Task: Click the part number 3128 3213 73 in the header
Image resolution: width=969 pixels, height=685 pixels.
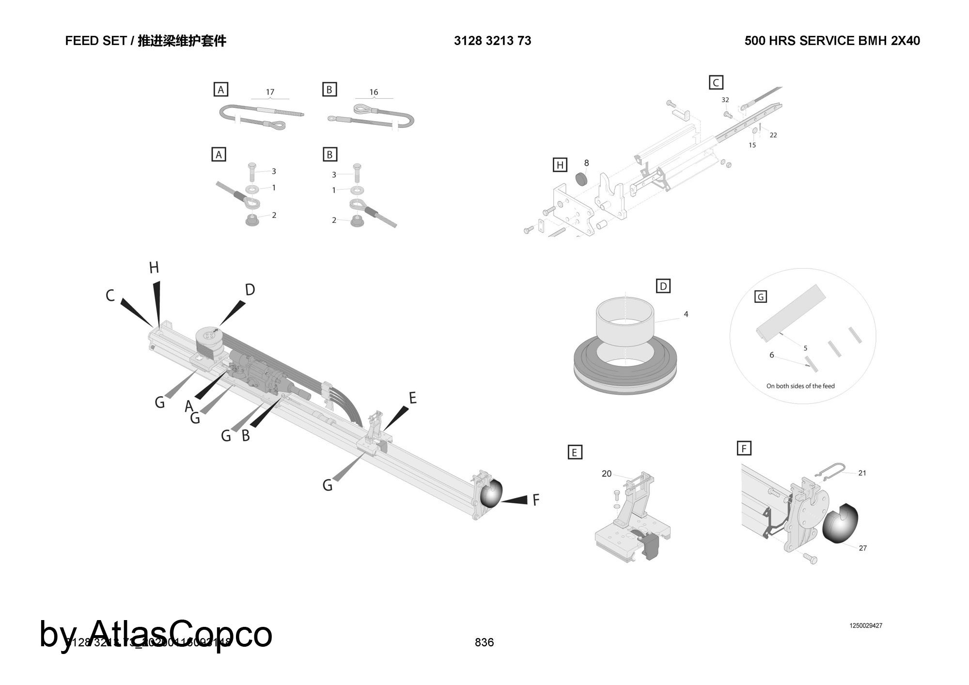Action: (x=492, y=41)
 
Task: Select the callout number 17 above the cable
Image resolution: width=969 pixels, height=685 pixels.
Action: (x=270, y=92)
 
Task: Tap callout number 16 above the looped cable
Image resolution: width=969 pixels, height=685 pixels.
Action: (x=374, y=92)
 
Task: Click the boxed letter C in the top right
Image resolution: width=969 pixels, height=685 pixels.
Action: (x=716, y=82)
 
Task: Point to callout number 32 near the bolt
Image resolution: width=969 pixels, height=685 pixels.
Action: (x=725, y=100)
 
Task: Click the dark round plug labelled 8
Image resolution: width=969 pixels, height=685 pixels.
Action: (x=581, y=179)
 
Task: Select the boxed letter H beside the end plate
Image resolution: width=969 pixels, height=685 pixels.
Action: (x=560, y=165)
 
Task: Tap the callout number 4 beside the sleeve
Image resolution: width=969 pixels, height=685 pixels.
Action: (x=686, y=314)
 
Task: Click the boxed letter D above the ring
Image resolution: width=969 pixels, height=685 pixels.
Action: (x=663, y=286)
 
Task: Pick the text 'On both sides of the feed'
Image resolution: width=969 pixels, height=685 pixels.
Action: (x=800, y=386)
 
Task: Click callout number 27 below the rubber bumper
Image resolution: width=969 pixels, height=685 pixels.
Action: (x=862, y=548)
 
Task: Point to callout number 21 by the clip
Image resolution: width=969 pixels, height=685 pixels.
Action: (x=862, y=473)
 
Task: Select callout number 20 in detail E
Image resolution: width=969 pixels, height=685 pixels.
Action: (x=607, y=474)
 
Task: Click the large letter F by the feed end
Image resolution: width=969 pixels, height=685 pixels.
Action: (x=536, y=500)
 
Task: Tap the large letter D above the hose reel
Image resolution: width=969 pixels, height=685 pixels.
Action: (x=250, y=290)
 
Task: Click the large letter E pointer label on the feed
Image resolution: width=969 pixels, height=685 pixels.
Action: (x=412, y=398)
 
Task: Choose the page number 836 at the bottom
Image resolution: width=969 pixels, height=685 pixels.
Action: (x=484, y=642)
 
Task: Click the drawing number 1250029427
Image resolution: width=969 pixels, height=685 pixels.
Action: (x=866, y=625)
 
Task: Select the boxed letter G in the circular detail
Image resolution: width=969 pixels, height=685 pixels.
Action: (x=761, y=296)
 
